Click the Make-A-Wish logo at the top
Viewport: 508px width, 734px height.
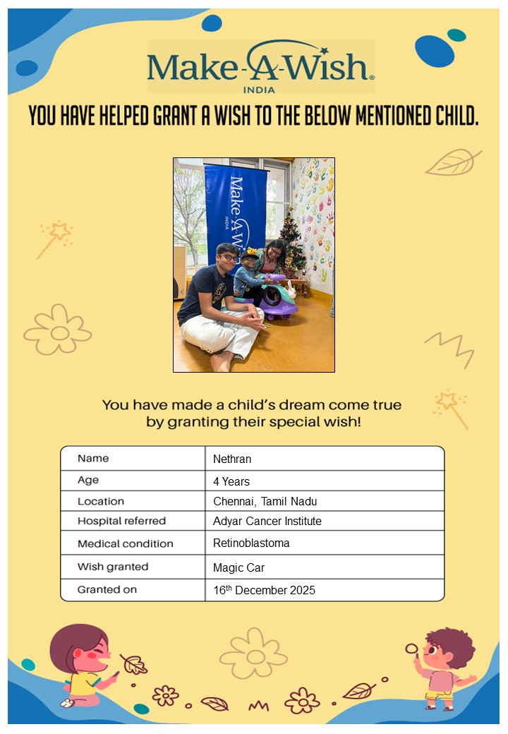point(260,66)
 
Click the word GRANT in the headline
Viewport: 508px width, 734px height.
point(176,116)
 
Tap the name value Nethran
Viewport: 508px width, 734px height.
point(232,459)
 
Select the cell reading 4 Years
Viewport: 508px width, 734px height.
point(231,481)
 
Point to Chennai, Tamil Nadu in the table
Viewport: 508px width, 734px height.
point(265,501)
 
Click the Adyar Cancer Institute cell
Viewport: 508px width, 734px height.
point(267,521)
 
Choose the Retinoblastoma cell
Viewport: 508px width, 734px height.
point(251,543)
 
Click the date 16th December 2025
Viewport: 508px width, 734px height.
point(264,590)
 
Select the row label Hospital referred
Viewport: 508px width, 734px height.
point(121,521)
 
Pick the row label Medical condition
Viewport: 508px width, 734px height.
point(125,543)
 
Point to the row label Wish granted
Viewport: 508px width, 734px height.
point(113,567)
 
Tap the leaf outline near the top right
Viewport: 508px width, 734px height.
point(452,163)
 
